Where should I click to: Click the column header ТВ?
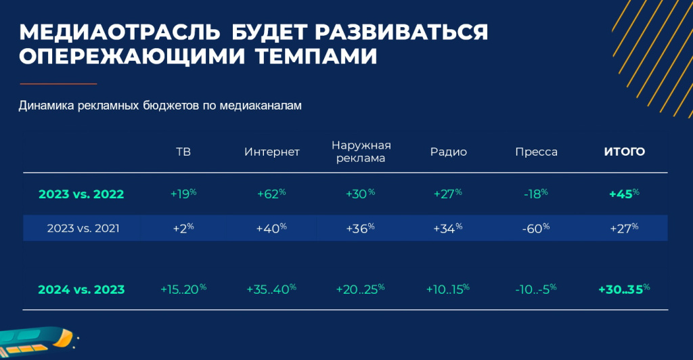(183, 152)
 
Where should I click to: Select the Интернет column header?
(271, 152)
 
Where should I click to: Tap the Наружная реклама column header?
(361, 152)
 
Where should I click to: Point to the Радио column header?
(449, 152)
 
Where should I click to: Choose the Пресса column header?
(536, 152)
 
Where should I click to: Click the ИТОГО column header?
(624, 152)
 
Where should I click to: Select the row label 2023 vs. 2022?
(81, 194)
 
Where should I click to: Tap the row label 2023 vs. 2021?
(83, 228)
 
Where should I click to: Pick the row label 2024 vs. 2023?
(81, 289)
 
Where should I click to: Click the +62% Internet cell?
(271, 194)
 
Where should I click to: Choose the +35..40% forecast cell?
(271, 289)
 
